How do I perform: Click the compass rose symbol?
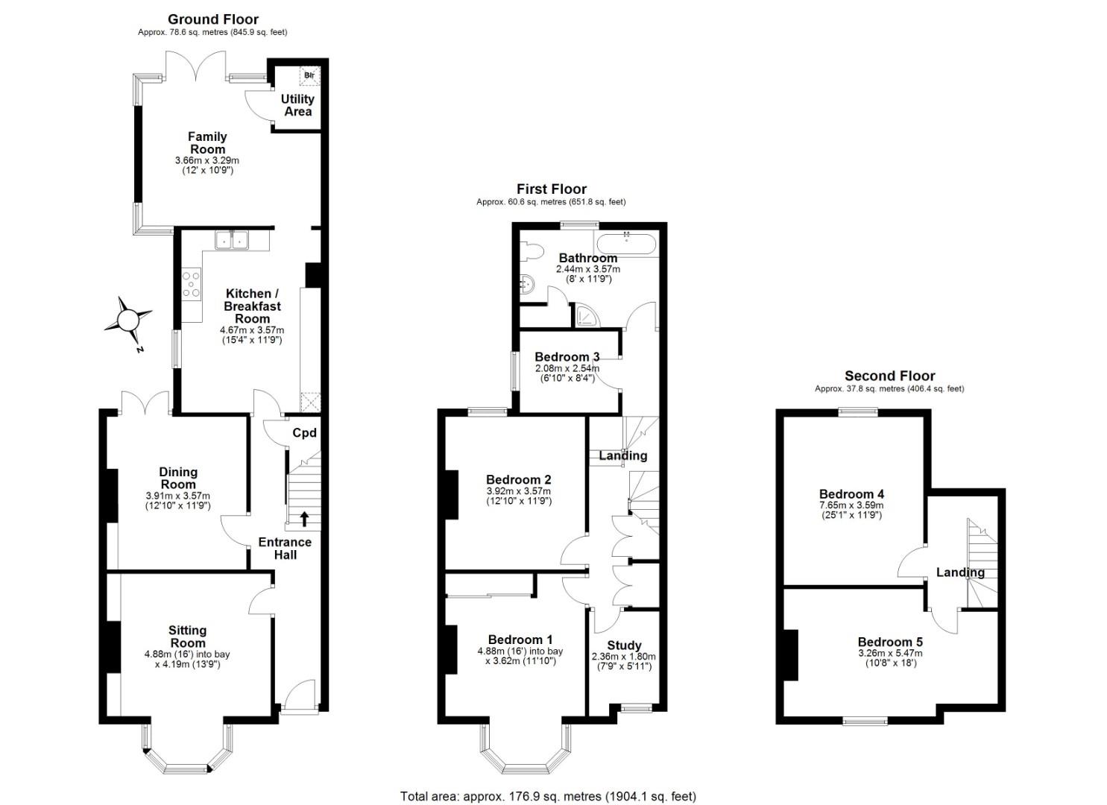(x=128, y=321)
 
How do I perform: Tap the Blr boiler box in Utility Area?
(x=309, y=75)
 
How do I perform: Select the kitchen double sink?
(x=232, y=240)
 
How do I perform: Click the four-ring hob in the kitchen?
(x=192, y=284)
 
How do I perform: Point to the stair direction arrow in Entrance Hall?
(x=304, y=518)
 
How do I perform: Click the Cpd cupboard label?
(x=304, y=433)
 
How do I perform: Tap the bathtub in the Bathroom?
(x=627, y=244)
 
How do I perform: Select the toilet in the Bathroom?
(x=532, y=251)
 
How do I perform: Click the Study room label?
(x=624, y=645)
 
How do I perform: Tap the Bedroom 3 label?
(x=567, y=357)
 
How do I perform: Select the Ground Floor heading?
(x=213, y=19)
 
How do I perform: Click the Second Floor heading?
(x=889, y=376)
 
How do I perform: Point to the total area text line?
(x=548, y=783)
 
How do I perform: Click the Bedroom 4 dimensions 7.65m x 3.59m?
(x=851, y=505)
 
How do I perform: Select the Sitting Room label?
(x=187, y=637)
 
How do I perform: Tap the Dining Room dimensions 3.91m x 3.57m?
(x=178, y=495)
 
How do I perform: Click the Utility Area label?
(x=297, y=105)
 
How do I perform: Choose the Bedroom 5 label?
(x=890, y=642)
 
